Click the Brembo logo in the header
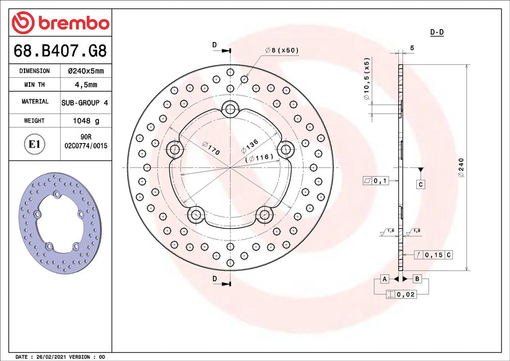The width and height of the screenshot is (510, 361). tap(61, 22)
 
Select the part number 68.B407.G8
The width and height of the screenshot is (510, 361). tap(60, 51)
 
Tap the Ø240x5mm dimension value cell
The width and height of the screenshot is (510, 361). tap(86, 71)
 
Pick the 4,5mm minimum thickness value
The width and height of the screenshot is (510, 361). tap(86, 85)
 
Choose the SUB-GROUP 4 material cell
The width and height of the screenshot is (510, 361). tap(85, 103)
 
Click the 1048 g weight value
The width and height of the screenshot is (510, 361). tap(86, 121)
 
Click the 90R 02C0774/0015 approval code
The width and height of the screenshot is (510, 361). tap(86, 141)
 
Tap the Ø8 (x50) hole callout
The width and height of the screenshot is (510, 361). tap(282, 50)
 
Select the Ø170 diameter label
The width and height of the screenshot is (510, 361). tap(212, 148)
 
